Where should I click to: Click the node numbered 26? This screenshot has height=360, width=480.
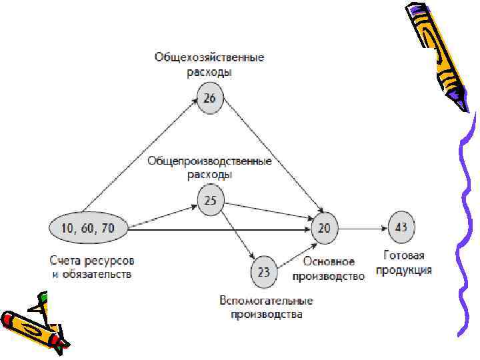pyautogui.click(x=210, y=99)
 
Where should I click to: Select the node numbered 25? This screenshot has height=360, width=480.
pyautogui.click(x=210, y=200)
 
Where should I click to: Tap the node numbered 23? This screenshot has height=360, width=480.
pyautogui.click(x=263, y=271)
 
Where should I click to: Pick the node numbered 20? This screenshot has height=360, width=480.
pyautogui.click(x=324, y=228)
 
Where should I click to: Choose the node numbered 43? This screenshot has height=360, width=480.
pyautogui.click(x=401, y=227)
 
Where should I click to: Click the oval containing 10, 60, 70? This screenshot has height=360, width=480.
pyautogui.click(x=87, y=229)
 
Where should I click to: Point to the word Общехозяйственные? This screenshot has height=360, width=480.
pyautogui.click(x=209, y=57)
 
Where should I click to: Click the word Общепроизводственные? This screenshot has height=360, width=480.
pyautogui.click(x=209, y=161)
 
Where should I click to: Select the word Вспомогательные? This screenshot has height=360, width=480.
pyautogui.click(x=267, y=301)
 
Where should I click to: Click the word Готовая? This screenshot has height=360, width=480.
pyautogui.click(x=404, y=255)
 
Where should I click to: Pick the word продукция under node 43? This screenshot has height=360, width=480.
pyautogui.click(x=404, y=270)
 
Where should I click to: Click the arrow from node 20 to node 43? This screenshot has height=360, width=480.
pyautogui.click(x=363, y=228)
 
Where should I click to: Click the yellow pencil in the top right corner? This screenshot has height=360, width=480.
pyautogui.click(x=437, y=53)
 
